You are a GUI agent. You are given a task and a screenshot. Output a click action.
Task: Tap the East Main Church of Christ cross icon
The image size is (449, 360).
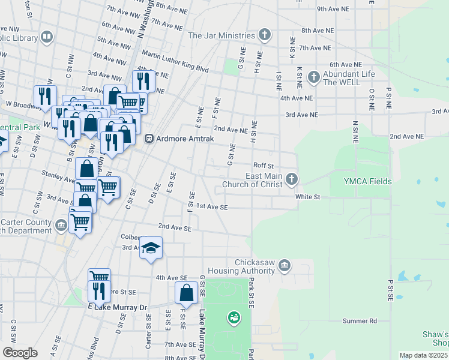tap(292, 179)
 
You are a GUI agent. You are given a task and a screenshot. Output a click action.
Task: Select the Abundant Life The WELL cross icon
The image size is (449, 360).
tap(313, 77)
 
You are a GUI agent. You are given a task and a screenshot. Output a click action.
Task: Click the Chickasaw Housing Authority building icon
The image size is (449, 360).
tap(285, 265)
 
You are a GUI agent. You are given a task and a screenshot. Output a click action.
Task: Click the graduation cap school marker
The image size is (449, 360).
tap(151, 247)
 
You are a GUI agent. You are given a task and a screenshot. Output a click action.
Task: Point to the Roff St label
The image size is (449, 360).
tap(263, 166)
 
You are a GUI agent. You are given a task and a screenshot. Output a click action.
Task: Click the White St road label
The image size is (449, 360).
tap(307, 196)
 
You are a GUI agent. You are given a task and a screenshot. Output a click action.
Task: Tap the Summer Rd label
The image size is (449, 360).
tap(360, 321)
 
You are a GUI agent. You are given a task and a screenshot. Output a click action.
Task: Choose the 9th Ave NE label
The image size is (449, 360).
tap(333, 9)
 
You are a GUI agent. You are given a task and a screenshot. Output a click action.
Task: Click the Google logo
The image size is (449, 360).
tap(19, 353)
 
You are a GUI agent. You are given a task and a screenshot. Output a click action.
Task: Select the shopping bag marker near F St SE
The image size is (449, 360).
tap(186, 293)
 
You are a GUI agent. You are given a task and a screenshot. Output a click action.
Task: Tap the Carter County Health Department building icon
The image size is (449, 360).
tap(61, 226)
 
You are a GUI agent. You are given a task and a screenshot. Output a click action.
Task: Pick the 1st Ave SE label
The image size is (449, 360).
tap(212, 206)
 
